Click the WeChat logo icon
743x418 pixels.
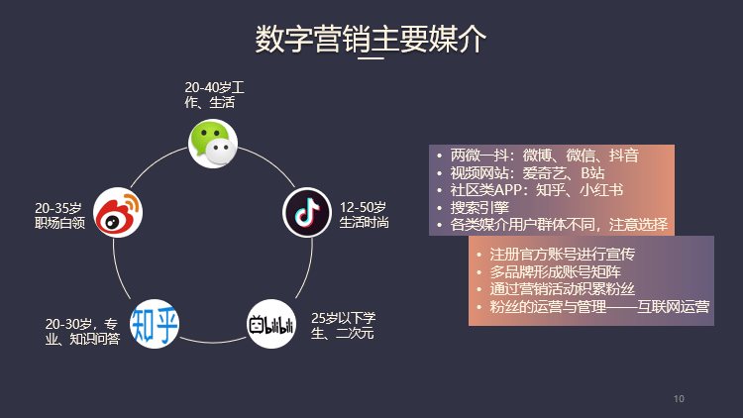(213, 144)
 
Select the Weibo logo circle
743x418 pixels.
(118, 213)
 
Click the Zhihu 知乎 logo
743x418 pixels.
(156, 324)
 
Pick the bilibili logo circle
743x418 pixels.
(271, 324)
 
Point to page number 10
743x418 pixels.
(679, 398)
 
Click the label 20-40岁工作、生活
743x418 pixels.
(214, 95)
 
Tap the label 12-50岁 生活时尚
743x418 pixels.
(364, 215)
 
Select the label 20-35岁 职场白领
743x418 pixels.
(59, 215)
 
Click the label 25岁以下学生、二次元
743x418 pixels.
(344, 325)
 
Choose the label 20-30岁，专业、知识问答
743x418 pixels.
(83, 332)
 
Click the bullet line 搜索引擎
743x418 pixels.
(479, 207)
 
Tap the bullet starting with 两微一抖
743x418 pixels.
(544, 156)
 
